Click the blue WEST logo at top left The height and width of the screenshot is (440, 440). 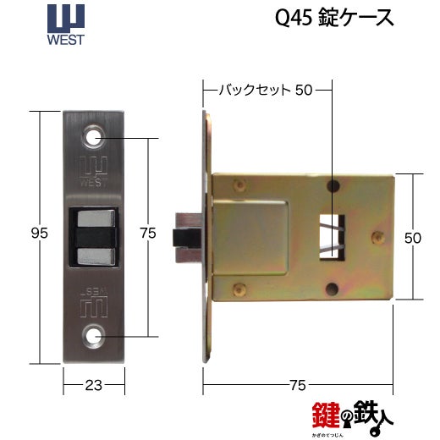(66, 25)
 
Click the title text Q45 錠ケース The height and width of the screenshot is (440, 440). (334, 18)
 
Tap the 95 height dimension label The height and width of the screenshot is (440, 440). (40, 234)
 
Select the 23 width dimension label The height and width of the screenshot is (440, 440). (94, 385)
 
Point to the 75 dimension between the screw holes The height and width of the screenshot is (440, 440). (148, 234)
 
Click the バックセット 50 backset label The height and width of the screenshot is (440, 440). (266, 90)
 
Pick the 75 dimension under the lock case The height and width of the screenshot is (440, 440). (298, 385)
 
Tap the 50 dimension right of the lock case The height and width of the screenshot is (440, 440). (413, 238)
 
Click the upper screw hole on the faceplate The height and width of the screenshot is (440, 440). (94, 138)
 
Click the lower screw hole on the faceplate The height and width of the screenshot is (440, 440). (94, 336)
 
